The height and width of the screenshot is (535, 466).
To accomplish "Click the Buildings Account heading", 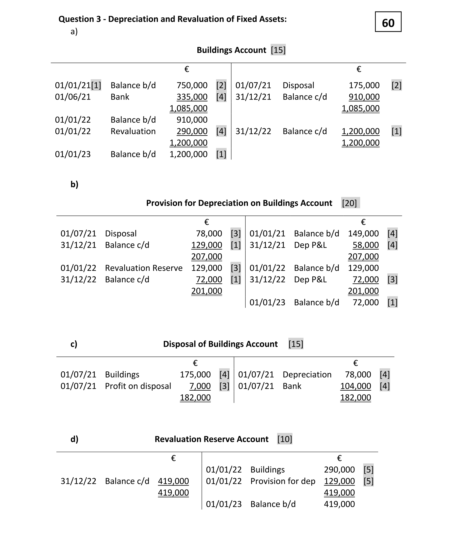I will tap(231, 50).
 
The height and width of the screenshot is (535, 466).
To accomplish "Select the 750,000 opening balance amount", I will tap(192, 85).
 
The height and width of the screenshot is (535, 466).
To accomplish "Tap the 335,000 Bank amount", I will tap(192, 97).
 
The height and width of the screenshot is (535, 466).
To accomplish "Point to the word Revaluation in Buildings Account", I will tap(133, 131).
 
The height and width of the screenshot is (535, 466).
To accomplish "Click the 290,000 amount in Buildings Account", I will tap(192, 131).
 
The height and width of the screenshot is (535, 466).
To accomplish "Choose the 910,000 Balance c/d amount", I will tap(364, 97).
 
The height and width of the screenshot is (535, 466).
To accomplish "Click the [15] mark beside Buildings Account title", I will tap(278, 50).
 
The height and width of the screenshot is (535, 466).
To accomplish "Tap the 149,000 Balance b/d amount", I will tap(363, 233).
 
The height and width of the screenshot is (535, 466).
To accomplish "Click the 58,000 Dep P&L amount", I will tap(365, 245).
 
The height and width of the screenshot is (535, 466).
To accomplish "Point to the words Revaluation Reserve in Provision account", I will tap(144, 268).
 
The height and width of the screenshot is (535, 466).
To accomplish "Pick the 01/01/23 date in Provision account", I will tap(267, 302).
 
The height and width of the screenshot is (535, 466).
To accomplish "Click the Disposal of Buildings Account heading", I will tap(220, 344).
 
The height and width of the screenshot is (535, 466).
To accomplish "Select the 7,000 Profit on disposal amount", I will tap(200, 386).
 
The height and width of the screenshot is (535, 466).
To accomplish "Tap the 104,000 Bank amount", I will tap(356, 386).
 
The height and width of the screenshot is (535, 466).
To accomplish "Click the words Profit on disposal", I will tap(138, 386).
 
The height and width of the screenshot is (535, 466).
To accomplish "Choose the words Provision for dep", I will tap(283, 481).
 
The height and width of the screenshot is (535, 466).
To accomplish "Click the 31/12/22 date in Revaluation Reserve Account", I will tap(78, 481).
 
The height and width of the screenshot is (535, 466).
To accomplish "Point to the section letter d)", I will tap(74, 439).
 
